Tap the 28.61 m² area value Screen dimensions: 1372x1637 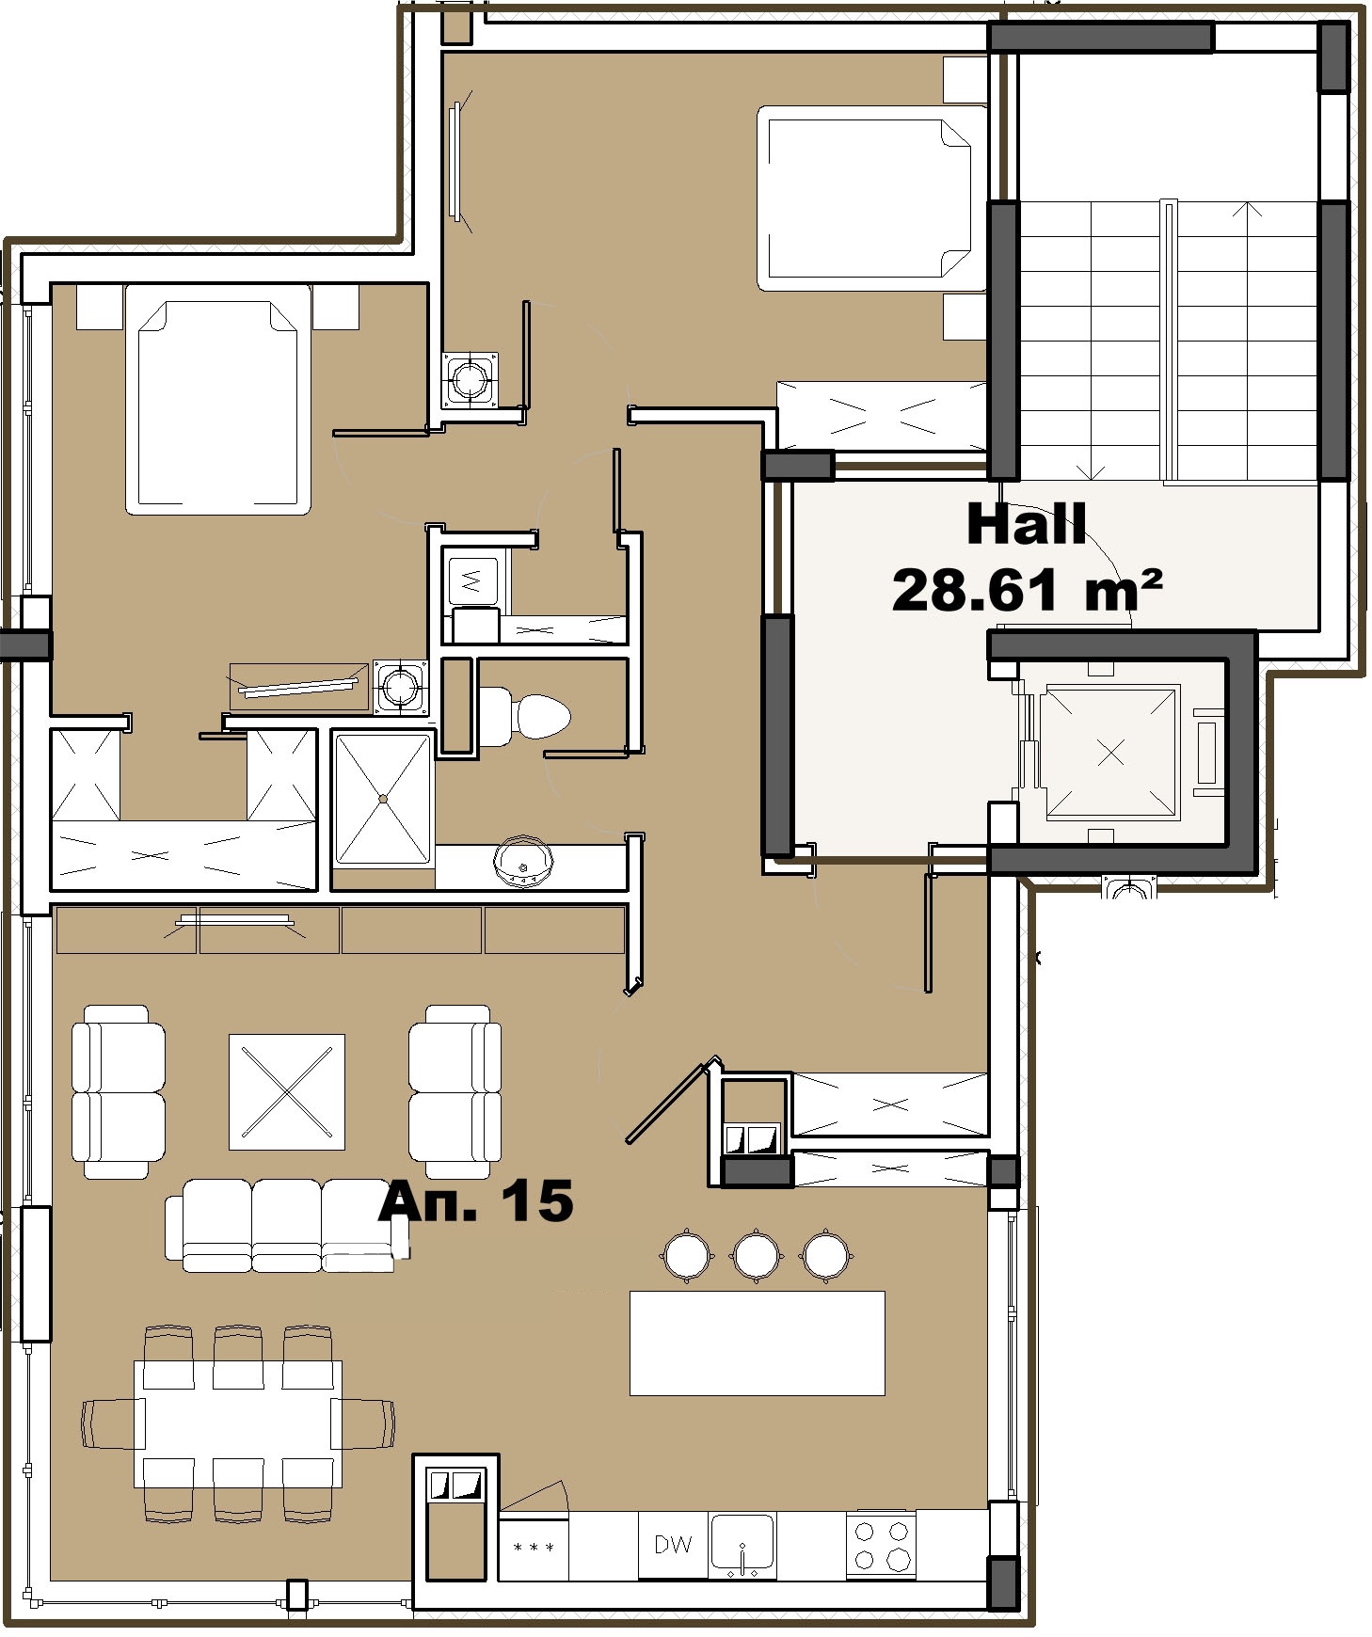coord(1027,591)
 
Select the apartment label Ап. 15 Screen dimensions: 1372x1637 coord(476,1201)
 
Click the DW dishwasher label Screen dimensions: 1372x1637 coord(673,1544)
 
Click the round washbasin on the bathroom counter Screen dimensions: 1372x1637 coord(523,861)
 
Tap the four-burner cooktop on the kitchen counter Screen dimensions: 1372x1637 coord(881,1544)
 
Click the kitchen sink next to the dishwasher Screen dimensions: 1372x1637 coord(742,1544)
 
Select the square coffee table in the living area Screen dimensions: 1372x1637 coord(287,1091)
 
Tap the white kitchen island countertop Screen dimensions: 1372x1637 coord(757,1343)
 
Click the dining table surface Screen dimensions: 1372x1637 coord(238,1423)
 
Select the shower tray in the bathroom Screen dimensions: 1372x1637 coord(383,799)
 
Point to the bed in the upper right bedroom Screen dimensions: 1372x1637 coord(870,199)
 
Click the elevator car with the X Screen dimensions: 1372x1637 coord(1110,752)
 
